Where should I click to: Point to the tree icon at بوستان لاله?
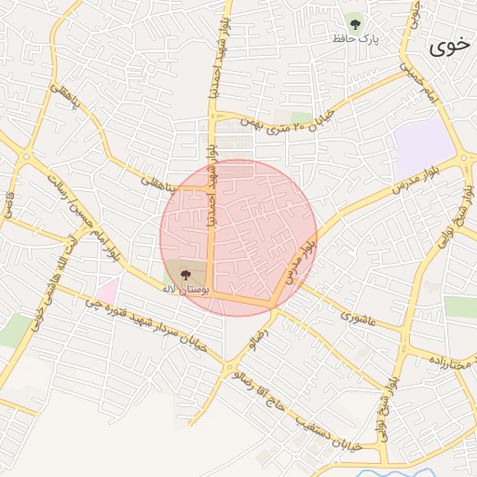(x=184, y=274)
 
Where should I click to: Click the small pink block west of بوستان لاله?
(x=107, y=292)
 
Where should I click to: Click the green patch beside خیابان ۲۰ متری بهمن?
(x=301, y=118)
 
